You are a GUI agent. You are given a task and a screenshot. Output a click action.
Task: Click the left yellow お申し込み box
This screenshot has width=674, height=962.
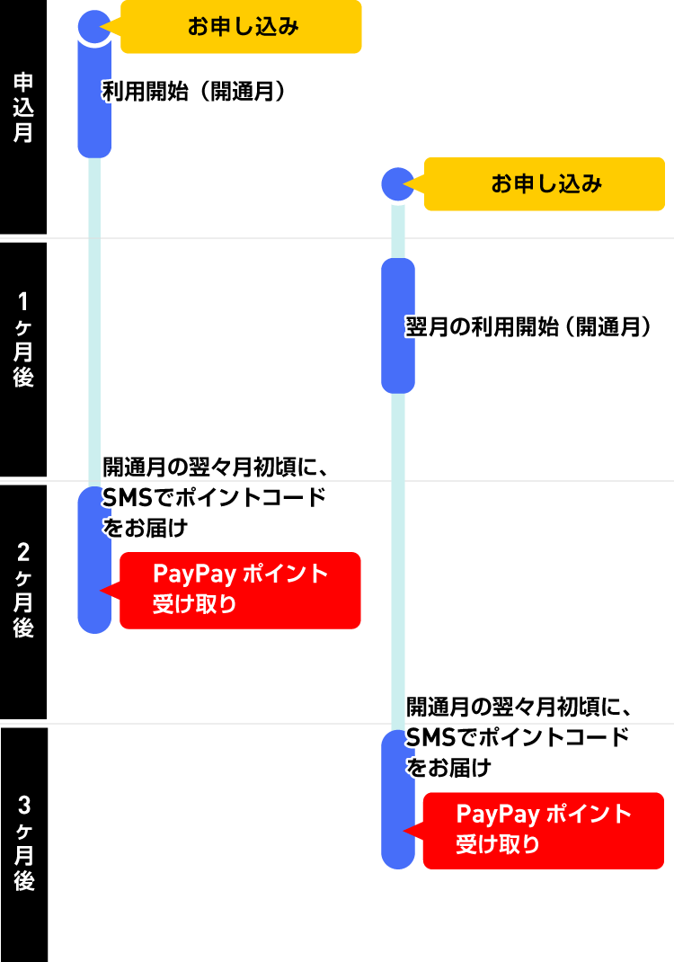[241, 27]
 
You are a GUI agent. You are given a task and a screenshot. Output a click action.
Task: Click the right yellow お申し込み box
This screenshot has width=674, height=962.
[544, 184]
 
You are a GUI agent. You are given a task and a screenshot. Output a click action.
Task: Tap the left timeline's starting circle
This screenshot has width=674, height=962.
[94, 27]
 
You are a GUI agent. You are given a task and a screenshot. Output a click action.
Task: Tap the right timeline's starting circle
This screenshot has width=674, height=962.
[397, 184]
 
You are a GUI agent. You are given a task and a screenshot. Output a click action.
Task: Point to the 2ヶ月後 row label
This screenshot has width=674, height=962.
[23, 590]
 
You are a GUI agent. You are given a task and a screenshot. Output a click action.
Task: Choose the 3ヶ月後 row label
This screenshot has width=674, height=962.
[23, 843]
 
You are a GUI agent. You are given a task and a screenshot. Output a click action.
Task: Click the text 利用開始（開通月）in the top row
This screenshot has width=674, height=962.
[193, 92]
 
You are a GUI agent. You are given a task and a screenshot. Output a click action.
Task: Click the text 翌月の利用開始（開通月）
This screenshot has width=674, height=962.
[528, 327]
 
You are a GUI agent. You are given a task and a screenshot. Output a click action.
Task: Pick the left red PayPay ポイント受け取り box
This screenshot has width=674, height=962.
[240, 590]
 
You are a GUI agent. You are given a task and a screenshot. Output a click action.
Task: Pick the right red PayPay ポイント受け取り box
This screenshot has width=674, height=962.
[543, 830]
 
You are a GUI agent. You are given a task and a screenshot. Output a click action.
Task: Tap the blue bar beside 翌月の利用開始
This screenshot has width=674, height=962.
[397, 325]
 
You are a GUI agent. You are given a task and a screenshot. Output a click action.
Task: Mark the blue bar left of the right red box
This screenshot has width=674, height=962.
[397, 800]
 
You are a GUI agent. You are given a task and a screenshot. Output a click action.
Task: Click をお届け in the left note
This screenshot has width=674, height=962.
[146, 528]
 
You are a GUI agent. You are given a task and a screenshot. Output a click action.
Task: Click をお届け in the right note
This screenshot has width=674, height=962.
[449, 768]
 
